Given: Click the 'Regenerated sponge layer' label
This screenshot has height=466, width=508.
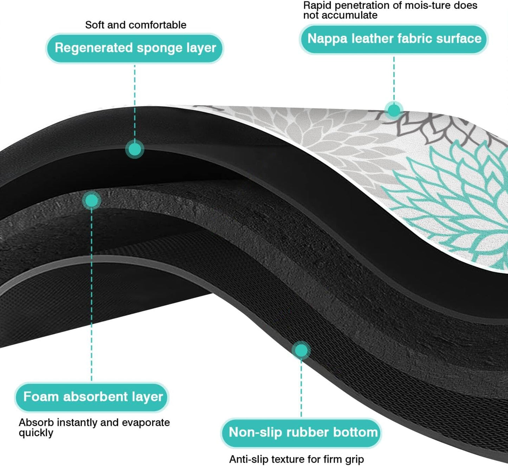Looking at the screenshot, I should coord(135,48).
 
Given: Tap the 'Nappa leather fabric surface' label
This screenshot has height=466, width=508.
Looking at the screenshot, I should coord(394,39).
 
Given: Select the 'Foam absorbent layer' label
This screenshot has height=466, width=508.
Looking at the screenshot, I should coord(92,397).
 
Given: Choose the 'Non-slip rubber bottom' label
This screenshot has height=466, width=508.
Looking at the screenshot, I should coord(302,432).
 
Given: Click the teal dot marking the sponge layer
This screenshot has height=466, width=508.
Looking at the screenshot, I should coord(134,149).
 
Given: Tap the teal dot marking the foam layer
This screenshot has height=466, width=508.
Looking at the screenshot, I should coord(91,201).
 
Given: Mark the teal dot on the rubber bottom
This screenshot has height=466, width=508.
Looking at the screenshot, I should coord(301,350).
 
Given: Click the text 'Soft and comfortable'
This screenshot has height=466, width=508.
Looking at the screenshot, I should coord(136,25).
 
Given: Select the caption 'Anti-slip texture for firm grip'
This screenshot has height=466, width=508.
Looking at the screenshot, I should coord(296,459).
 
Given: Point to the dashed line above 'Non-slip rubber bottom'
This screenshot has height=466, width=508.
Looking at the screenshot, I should coord(301,386).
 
